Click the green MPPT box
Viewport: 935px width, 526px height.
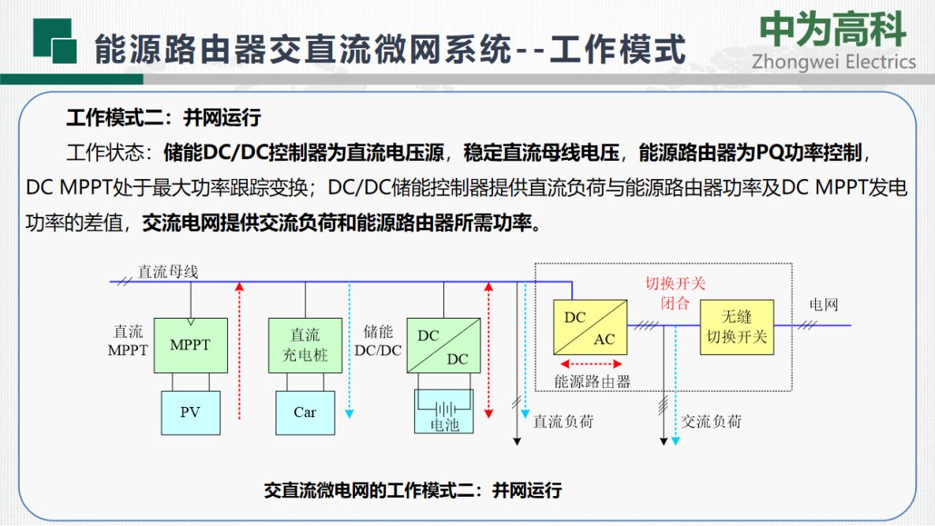tap(191, 345)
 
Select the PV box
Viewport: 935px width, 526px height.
tap(191, 412)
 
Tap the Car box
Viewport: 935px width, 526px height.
tap(305, 412)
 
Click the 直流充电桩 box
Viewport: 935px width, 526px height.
tap(305, 345)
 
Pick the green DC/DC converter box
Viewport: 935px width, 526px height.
tap(443, 345)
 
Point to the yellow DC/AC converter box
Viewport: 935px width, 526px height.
tap(590, 327)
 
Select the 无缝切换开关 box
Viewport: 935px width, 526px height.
tap(737, 327)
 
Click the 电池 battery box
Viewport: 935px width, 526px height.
tap(444, 412)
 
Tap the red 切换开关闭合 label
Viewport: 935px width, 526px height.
tap(675, 293)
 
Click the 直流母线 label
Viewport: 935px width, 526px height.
tap(168, 271)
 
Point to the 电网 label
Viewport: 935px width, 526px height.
tap(824, 304)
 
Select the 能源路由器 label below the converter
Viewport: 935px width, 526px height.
tap(592, 381)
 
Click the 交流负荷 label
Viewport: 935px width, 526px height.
tap(712, 422)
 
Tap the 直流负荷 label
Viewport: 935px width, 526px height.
tap(563, 422)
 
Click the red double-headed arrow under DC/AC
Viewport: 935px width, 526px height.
tap(591, 364)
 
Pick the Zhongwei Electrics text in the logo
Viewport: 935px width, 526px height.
tap(834, 62)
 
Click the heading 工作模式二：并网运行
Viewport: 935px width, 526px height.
tap(163, 118)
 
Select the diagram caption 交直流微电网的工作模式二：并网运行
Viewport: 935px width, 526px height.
tap(413, 491)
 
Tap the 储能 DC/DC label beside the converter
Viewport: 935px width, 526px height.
tap(378, 341)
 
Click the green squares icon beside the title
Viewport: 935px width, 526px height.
tap(55, 41)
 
